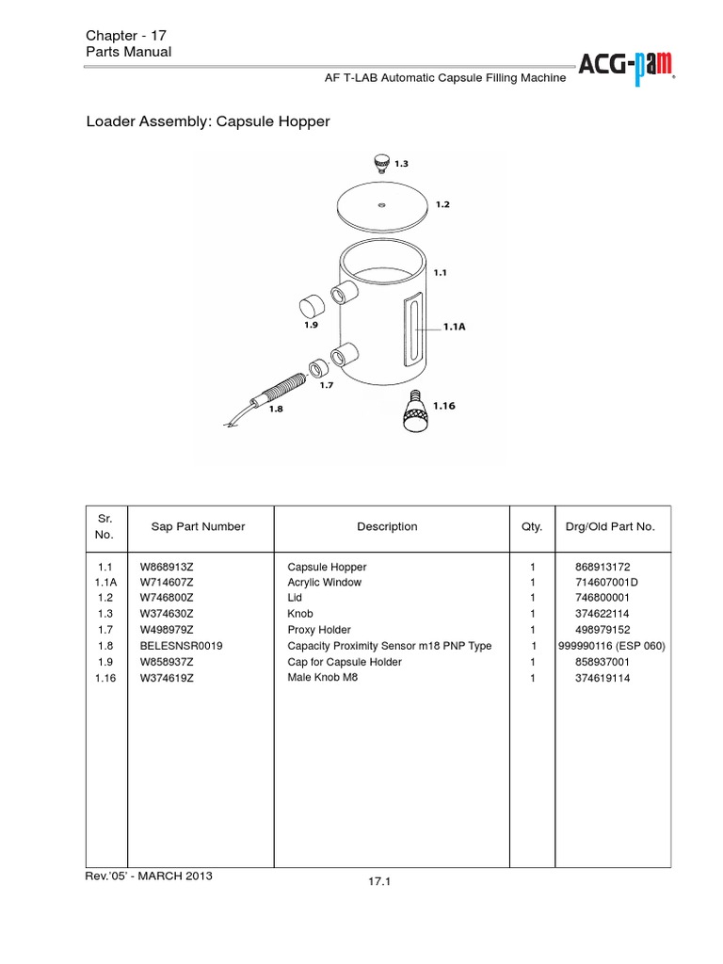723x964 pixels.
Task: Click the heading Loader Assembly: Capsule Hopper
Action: pyautogui.click(x=208, y=122)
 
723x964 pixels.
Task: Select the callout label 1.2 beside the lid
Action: pyautogui.click(x=443, y=203)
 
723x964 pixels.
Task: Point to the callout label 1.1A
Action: pyautogui.click(x=456, y=329)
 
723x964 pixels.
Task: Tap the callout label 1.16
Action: pyautogui.click(x=444, y=406)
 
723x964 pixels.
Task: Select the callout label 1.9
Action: pyautogui.click(x=312, y=325)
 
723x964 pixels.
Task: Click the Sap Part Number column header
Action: pyautogui.click(x=198, y=527)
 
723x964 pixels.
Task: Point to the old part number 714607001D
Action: pyautogui.click(x=606, y=583)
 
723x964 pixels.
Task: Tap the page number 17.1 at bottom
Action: pyautogui.click(x=380, y=882)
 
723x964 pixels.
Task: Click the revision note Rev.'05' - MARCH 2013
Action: pyautogui.click(x=149, y=876)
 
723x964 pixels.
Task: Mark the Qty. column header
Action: pyautogui.click(x=532, y=527)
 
